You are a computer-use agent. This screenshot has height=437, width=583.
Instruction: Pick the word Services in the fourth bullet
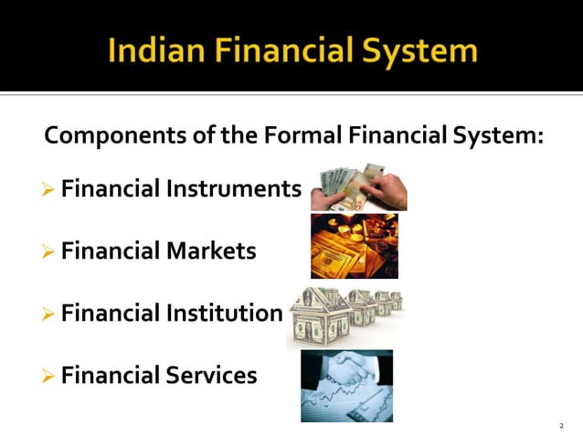[x=211, y=375]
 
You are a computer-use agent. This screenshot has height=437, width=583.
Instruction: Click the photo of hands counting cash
[x=358, y=187]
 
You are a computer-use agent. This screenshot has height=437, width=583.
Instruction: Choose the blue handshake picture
[x=346, y=385]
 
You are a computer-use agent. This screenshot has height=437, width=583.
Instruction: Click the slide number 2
[x=561, y=426]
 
